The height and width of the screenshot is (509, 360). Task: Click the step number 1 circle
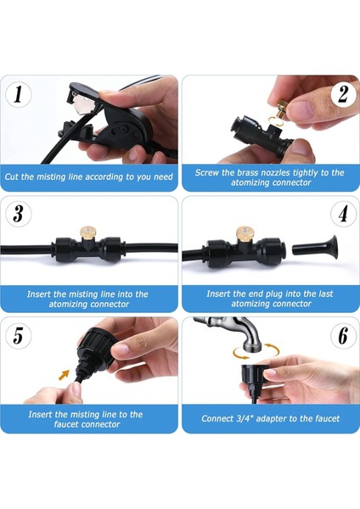(x=18, y=95)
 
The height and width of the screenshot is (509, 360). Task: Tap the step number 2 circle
(x=343, y=95)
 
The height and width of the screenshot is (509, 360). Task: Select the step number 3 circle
(x=18, y=214)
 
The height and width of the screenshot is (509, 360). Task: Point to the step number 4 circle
(x=343, y=214)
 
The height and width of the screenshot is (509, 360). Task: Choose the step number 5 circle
(x=18, y=335)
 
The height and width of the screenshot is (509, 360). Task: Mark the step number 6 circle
(x=343, y=335)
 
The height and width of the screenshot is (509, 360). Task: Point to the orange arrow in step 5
(x=64, y=375)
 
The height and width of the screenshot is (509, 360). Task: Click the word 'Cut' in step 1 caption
(x=12, y=176)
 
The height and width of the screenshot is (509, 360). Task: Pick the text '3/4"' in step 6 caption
(x=245, y=418)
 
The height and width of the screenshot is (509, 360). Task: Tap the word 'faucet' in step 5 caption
(x=66, y=424)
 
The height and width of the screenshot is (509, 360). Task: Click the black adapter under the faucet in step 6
(x=254, y=382)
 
